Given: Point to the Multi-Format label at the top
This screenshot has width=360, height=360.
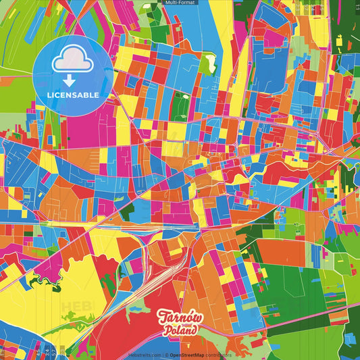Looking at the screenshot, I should (x=180, y=3).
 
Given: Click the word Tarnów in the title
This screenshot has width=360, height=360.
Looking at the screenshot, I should (x=179, y=317).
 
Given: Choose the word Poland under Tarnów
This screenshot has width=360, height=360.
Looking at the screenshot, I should (x=180, y=331).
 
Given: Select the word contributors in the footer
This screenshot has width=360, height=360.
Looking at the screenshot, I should (x=220, y=355).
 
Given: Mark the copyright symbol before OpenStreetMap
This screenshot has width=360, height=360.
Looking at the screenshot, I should (x=167, y=355).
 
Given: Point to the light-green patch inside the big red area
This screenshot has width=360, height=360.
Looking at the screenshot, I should (x=139, y=307).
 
